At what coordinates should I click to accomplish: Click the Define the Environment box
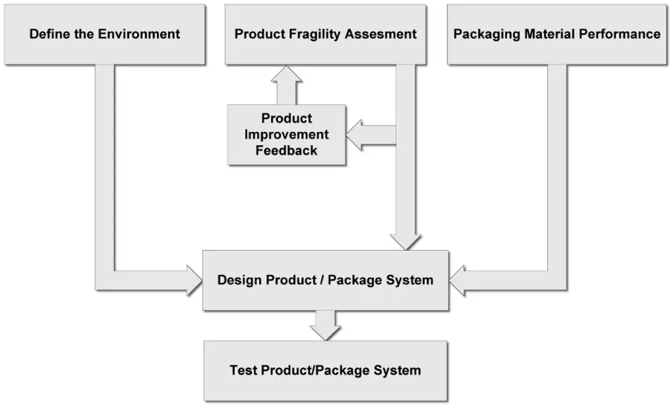point(105,34)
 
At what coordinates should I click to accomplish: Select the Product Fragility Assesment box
point(325,34)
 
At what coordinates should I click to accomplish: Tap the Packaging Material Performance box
point(557,34)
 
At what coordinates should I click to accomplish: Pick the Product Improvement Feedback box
point(286,135)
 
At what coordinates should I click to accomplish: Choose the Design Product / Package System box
point(325,280)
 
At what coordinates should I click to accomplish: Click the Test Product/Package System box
point(325,371)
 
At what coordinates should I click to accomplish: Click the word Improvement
point(286,135)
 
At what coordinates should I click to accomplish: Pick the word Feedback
point(286,150)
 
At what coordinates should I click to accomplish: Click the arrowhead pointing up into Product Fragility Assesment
point(286,75)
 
